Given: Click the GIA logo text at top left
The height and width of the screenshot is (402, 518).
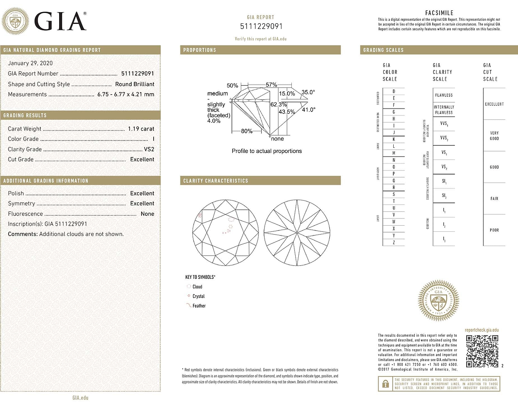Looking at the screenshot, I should point(60,21).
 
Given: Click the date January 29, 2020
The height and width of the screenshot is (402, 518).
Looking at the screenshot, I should point(28,64).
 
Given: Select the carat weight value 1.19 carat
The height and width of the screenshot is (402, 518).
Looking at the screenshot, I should point(141,129).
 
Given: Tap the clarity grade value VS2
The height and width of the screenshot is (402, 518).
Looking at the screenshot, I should point(148,149).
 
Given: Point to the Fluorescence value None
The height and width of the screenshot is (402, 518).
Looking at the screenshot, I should point(147,214).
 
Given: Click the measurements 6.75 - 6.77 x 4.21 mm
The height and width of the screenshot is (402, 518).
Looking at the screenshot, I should point(126,94).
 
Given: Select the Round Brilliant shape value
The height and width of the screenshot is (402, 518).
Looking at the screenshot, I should point(135,84).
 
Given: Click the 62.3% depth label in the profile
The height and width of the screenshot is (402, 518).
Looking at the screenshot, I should point(279,104).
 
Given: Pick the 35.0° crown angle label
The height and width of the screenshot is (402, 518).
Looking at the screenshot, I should point(308,92).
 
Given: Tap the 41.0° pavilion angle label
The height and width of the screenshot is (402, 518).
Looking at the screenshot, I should point(308,109).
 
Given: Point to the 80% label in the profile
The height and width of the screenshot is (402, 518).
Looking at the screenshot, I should point(246,131).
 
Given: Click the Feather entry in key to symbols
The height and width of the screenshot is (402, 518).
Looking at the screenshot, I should point(199,306).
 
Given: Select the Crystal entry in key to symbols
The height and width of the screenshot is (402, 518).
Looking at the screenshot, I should point(199,297).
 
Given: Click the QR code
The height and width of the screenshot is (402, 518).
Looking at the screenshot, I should point(483,351).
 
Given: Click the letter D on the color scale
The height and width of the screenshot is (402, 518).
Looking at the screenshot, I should point(393,91).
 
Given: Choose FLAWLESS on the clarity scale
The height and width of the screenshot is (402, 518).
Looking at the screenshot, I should point(444,95).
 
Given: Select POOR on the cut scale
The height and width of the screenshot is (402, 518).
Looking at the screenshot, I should point(494,230).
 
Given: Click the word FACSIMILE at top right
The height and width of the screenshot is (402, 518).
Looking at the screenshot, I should point(439,13).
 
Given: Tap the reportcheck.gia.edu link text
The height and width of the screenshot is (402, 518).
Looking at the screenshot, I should point(482,330).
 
